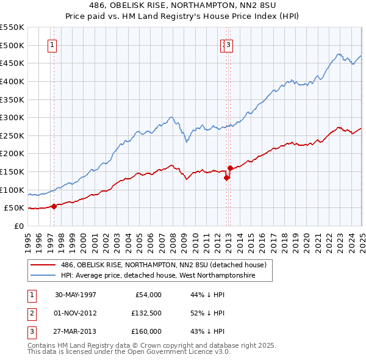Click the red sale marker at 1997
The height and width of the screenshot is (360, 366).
(x=54, y=206)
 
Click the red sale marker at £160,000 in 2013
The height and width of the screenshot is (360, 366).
(x=230, y=168)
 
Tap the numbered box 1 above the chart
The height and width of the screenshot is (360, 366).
(x=52, y=45)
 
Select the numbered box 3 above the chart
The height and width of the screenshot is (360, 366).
(x=228, y=45)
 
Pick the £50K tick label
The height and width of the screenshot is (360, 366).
(x=15, y=208)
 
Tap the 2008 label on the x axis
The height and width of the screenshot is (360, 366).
(x=173, y=238)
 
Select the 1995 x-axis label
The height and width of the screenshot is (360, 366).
(x=28, y=238)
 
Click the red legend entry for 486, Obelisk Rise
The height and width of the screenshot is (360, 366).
(x=163, y=265)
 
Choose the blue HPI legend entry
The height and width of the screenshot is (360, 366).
(x=157, y=276)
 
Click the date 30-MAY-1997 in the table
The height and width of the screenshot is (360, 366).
(x=76, y=295)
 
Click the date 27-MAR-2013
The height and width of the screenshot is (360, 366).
(x=76, y=331)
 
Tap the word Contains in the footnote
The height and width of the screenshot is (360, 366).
(x=42, y=345)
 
